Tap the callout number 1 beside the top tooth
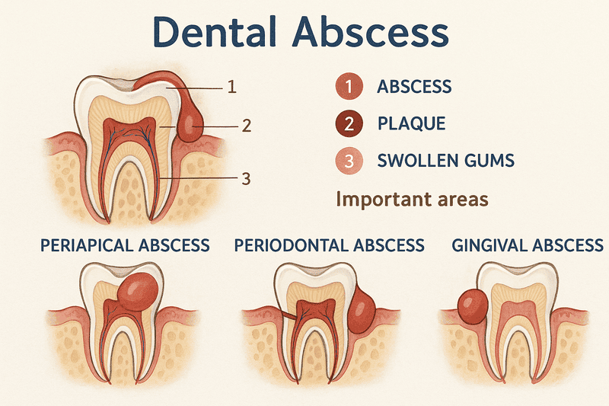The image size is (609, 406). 232,87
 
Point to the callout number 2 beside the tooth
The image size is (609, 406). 245,125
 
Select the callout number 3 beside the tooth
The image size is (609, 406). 245,179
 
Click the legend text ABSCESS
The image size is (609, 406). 415,88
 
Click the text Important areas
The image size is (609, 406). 411,200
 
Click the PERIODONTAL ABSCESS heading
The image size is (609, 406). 329,245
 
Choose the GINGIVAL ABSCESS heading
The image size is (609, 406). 528,245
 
